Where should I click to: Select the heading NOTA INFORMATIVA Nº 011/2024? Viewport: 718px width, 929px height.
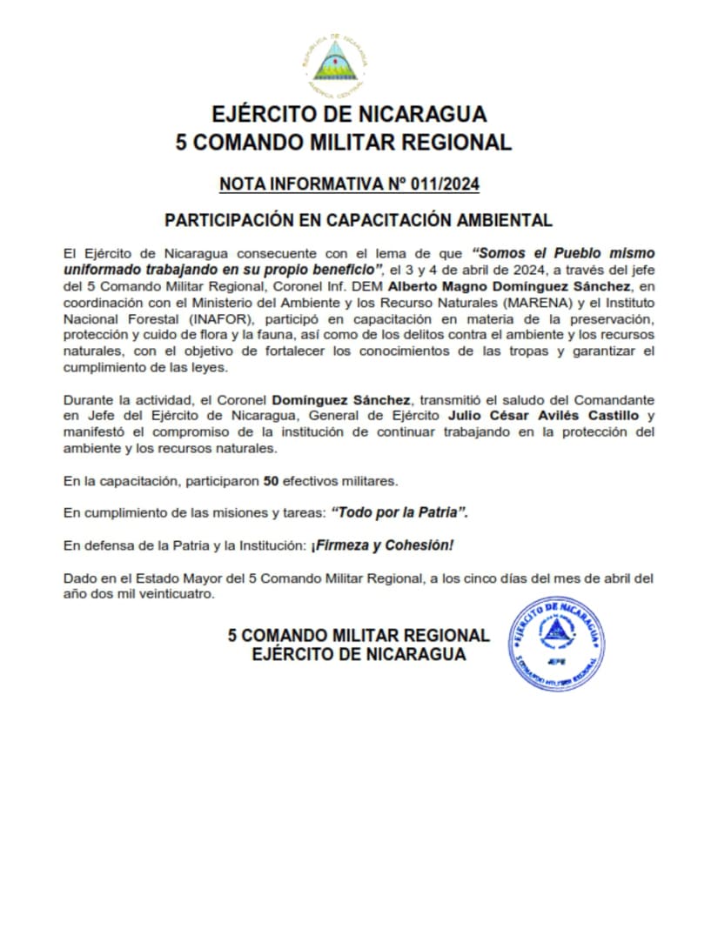[350, 184]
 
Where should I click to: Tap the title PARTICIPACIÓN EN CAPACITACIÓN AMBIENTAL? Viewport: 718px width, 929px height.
[359, 220]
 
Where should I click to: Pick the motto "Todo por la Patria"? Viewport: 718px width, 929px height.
[399, 513]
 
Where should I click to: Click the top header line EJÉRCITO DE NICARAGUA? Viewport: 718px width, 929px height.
[350, 114]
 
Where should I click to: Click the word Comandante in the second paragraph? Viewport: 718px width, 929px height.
[614, 400]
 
